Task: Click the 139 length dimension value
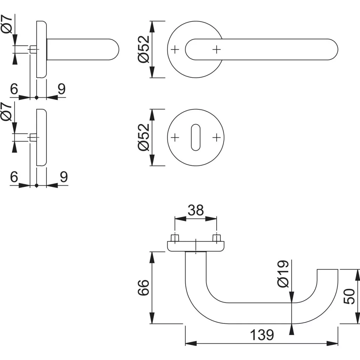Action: click(262, 335)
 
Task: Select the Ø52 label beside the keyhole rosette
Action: click(144, 137)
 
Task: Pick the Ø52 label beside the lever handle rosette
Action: click(144, 49)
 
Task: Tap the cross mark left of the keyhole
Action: click(175, 137)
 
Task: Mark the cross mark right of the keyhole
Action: click(217, 137)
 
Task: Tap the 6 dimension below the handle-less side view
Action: click(14, 177)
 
